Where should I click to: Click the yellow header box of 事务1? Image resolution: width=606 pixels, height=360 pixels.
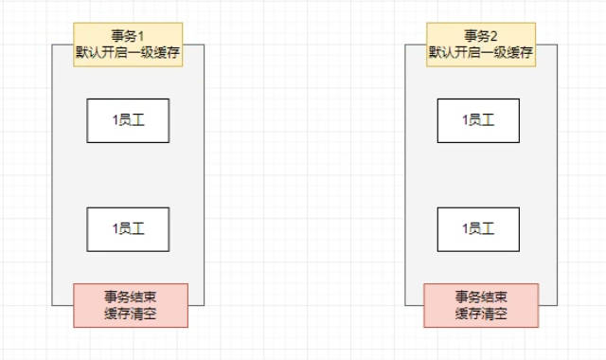pyautogui.click(x=127, y=45)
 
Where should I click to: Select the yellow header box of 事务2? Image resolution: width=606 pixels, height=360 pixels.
pyautogui.click(x=481, y=45)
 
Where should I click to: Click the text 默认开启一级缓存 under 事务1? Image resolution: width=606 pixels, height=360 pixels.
pyautogui.click(x=127, y=53)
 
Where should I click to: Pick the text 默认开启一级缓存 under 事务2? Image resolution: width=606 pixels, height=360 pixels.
pyautogui.click(x=481, y=53)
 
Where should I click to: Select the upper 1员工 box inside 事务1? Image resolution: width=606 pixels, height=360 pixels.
pyautogui.click(x=128, y=120)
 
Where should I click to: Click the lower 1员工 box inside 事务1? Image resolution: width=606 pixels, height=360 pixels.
pyautogui.click(x=128, y=229)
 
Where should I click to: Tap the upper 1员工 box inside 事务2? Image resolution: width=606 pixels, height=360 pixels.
pyautogui.click(x=478, y=120)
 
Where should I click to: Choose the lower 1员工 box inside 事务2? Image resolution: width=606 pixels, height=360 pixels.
pyautogui.click(x=478, y=229)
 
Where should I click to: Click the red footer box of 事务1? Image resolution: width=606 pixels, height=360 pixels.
pyautogui.click(x=131, y=305)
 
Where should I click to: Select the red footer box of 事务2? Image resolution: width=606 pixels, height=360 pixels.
pyautogui.click(x=481, y=305)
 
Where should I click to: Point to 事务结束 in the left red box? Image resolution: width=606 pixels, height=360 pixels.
pyautogui.click(x=131, y=297)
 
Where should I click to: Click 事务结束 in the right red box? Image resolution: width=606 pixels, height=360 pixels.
pyautogui.click(x=481, y=297)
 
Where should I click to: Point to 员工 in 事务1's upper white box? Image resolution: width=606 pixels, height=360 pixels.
pyautogui.click(x=132, y=120)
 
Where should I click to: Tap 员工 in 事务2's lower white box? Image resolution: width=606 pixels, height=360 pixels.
pyautogui.click(x=482, y=229)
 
